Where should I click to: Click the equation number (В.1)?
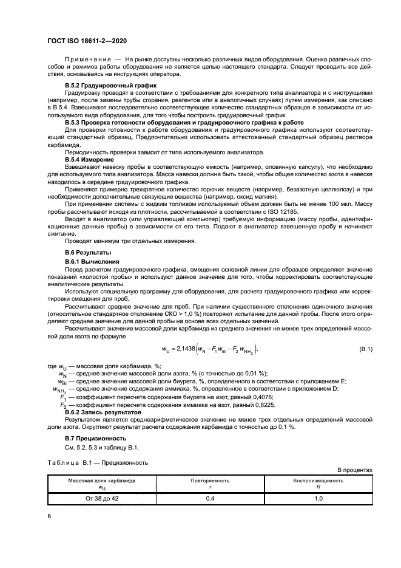click(x=366, y=349)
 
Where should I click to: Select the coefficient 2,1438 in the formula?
click(x=212, y=349)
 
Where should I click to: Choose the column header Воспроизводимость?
click(x=318, y=480)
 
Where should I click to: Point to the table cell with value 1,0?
click(x=318, y=498)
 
